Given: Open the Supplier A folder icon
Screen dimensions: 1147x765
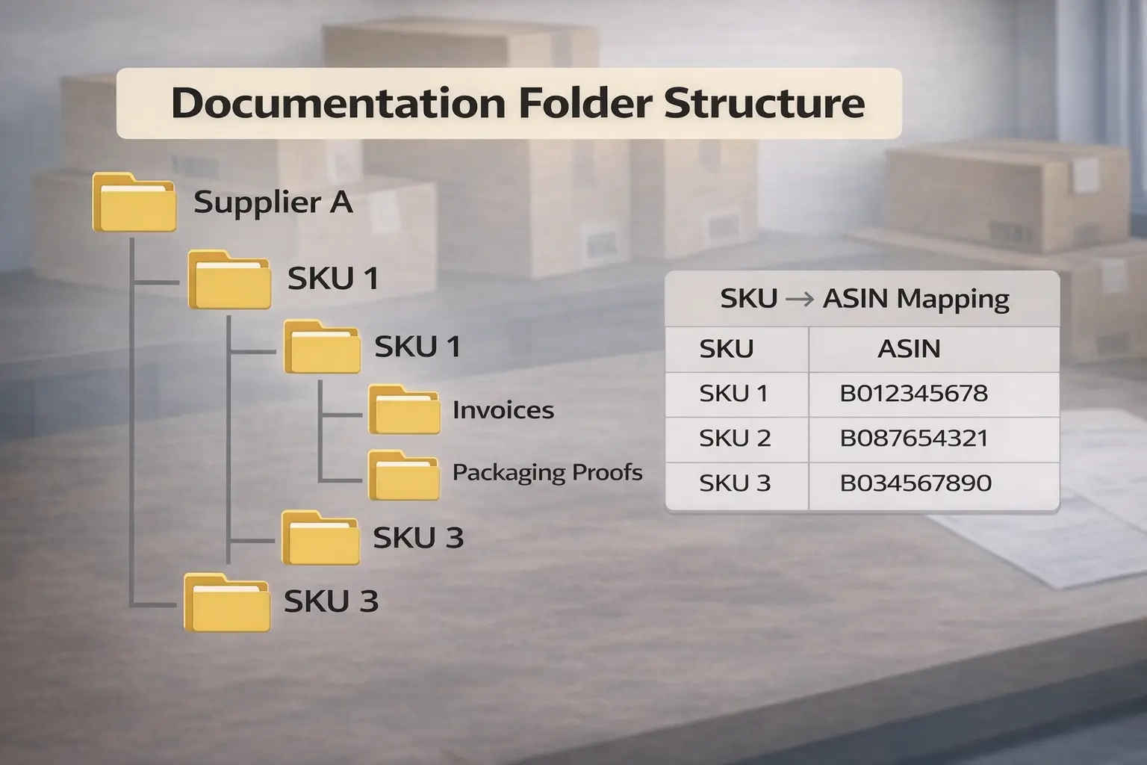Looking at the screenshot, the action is point(134,202).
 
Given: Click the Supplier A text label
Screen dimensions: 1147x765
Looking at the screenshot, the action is point(273,202).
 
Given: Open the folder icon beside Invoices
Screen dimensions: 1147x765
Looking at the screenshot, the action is point(404,410).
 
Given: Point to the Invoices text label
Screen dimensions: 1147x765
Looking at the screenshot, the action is point(503,410).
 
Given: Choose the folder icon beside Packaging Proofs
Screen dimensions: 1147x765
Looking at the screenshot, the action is point(404,475).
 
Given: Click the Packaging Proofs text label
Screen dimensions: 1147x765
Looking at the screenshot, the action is point(547,472).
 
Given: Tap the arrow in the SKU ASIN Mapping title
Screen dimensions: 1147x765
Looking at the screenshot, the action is point(800,299).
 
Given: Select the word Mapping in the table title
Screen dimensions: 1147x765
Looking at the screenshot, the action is point(953,299).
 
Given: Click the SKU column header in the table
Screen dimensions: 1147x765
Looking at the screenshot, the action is point(727,349).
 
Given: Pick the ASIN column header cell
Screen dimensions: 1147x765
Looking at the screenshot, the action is point(909,349).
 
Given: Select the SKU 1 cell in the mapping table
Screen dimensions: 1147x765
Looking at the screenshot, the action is point(733,394).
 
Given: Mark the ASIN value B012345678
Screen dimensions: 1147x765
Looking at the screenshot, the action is point(914,394).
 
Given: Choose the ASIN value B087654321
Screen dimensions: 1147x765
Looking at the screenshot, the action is point(914,439).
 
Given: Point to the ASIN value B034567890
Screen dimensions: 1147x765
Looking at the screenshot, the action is point(916,483).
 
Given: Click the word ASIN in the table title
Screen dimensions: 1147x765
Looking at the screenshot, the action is point(856,299).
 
